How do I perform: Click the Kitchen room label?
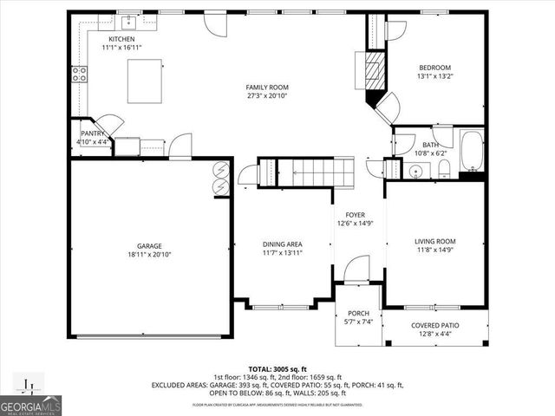point(121,40)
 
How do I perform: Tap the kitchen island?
point(145,81)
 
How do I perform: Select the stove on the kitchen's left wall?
point(79,74)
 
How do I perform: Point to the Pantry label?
point(93,133)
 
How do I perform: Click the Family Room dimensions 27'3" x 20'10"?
point(267,96)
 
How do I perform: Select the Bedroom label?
point(435,67)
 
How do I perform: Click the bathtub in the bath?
point(473,151)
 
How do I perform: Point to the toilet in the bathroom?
point(443,166)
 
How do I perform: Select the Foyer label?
point(356,214)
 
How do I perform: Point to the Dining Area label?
point(282,244)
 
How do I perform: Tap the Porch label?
point(358,313)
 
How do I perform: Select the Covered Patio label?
point(435,325)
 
